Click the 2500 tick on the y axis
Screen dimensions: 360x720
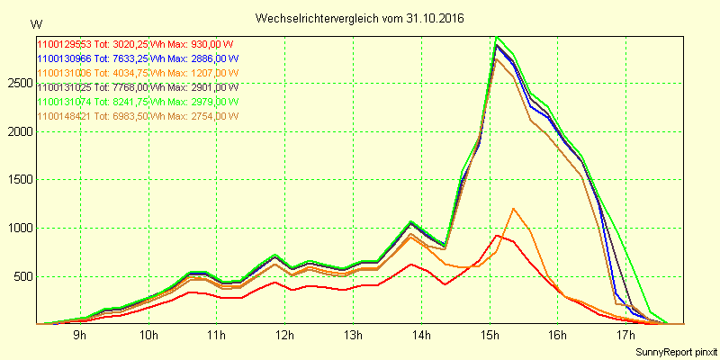pyautogui.click(x=19, y=83)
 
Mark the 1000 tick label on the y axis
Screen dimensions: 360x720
pyautogui.click(x=19, y=228)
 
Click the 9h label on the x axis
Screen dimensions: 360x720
pyautogui.click(x=79, y=336)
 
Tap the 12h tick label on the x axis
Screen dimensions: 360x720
pyautogui.click(x=284, y=336)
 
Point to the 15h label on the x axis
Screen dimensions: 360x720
pyautogui.click(x=490, y=336)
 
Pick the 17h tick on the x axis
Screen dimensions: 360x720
pyautogui.click(x=626, y=336)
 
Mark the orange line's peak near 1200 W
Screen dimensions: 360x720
pyautogui.click(x=513, y=209)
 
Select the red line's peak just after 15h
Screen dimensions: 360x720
pyautogui.click(x=496, y=235)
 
